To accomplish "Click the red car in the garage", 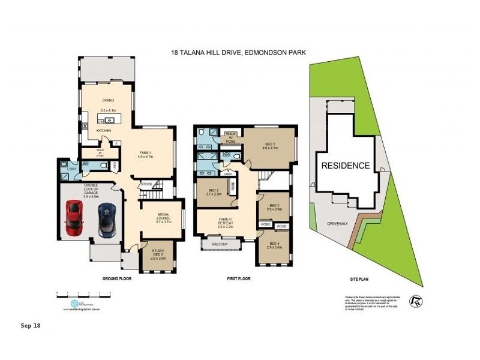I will click(74, 218).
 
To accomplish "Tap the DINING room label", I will click(108, 100).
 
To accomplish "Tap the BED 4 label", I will click(274, 244).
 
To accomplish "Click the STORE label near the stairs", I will click(146, 184).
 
